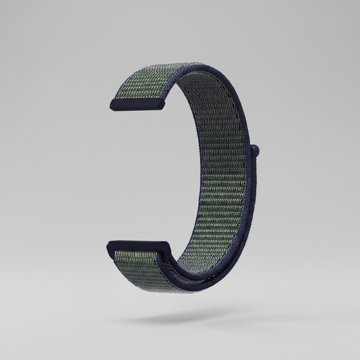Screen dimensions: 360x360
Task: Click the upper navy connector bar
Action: pyautogui.click(x=137, y=104)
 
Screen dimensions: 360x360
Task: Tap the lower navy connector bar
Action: pyautogui.click(x=139, y=246)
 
